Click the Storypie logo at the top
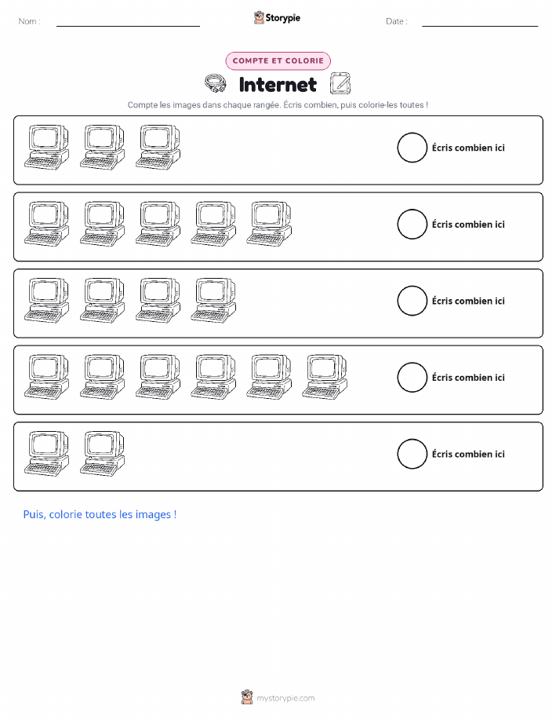277,18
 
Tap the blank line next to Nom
128,26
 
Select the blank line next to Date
480,26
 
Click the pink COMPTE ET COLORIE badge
278,60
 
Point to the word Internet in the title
278,85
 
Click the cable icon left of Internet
215,84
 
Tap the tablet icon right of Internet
340,83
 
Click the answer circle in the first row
412,133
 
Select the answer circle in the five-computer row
412,210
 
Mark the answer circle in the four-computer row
412,286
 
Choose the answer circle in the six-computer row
412,363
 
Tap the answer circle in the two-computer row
412,440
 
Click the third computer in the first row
158,147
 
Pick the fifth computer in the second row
269,224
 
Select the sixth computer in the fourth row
325,377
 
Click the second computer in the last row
102,454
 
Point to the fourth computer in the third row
214,300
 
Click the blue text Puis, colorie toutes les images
100,514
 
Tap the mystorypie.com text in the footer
285,698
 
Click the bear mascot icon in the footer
247,697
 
